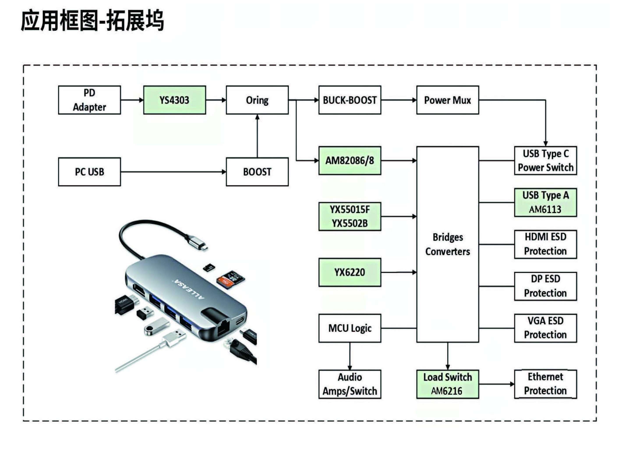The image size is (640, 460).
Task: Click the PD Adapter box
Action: click(x=89, y=100)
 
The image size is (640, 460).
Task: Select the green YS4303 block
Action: click(x=174, y=100)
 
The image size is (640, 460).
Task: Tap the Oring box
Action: click(x=257, y=100)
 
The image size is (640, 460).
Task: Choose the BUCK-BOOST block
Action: click(x=350, y=100)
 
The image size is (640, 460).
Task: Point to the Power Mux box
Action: click(x=447, y=100)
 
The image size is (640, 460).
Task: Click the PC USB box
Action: click(x=89, y=172)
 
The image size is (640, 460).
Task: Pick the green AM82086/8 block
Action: click(x=350, y=160)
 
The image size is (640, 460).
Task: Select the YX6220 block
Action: click(x=350, y=272)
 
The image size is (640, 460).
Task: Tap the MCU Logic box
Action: click(x=350, y=328)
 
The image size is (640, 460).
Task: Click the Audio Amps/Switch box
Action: click(x=350, y=384)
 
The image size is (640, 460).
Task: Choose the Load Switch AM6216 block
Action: click(x=447, y=384)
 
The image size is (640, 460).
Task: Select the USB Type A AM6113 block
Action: click(x=545, y=203)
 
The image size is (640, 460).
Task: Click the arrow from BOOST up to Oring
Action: click(x=257, y=136)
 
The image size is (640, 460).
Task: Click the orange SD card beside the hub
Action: click(x=230, y=280)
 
